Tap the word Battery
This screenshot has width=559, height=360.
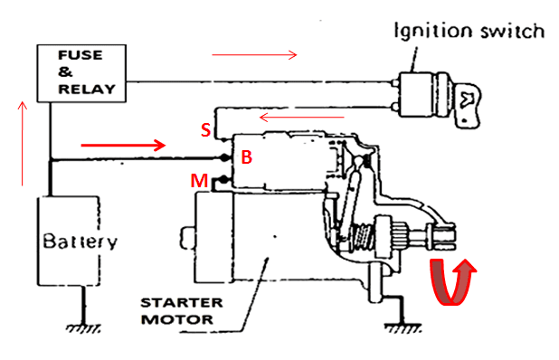point(80,242)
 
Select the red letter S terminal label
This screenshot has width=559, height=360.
point(205,130)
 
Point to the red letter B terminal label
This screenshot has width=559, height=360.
point(247,157)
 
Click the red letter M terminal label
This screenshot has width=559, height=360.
point(199,181)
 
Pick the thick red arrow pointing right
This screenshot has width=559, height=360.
point(123,145)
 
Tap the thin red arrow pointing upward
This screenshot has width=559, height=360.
point(23,144)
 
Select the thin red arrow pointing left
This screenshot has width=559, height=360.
point(302,117)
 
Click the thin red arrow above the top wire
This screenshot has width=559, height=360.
point(254,55)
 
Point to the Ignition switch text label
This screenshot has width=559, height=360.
point(469,31)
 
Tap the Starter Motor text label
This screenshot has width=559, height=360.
point(182,311)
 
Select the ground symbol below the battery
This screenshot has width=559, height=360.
point(83,328)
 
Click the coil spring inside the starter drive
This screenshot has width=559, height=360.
point(363,237)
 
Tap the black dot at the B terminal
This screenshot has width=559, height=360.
point(225,157)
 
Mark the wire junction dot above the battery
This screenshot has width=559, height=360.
point(51,159)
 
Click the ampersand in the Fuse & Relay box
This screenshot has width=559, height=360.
point(65,72)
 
